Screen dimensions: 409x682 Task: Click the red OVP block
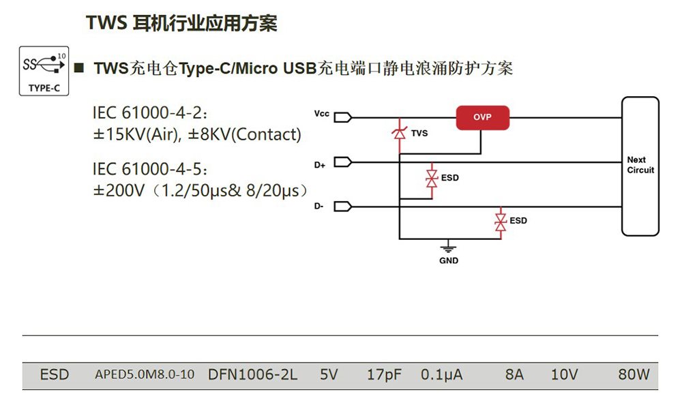483,117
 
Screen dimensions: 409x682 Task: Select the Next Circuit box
640,166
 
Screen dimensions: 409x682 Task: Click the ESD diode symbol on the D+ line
431,178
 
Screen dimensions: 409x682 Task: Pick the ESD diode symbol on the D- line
501,221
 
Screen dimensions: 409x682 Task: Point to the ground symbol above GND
448,247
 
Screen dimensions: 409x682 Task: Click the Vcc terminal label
322,114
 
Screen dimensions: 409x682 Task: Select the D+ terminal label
320,164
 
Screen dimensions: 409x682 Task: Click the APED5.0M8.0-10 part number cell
145,374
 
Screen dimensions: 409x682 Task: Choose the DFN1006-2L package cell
253,374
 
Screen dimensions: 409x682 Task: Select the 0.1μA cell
441,374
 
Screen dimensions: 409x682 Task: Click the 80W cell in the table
634,374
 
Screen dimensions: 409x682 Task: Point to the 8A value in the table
514,374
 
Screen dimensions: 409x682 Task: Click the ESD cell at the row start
55,374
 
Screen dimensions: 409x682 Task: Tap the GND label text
448,260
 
